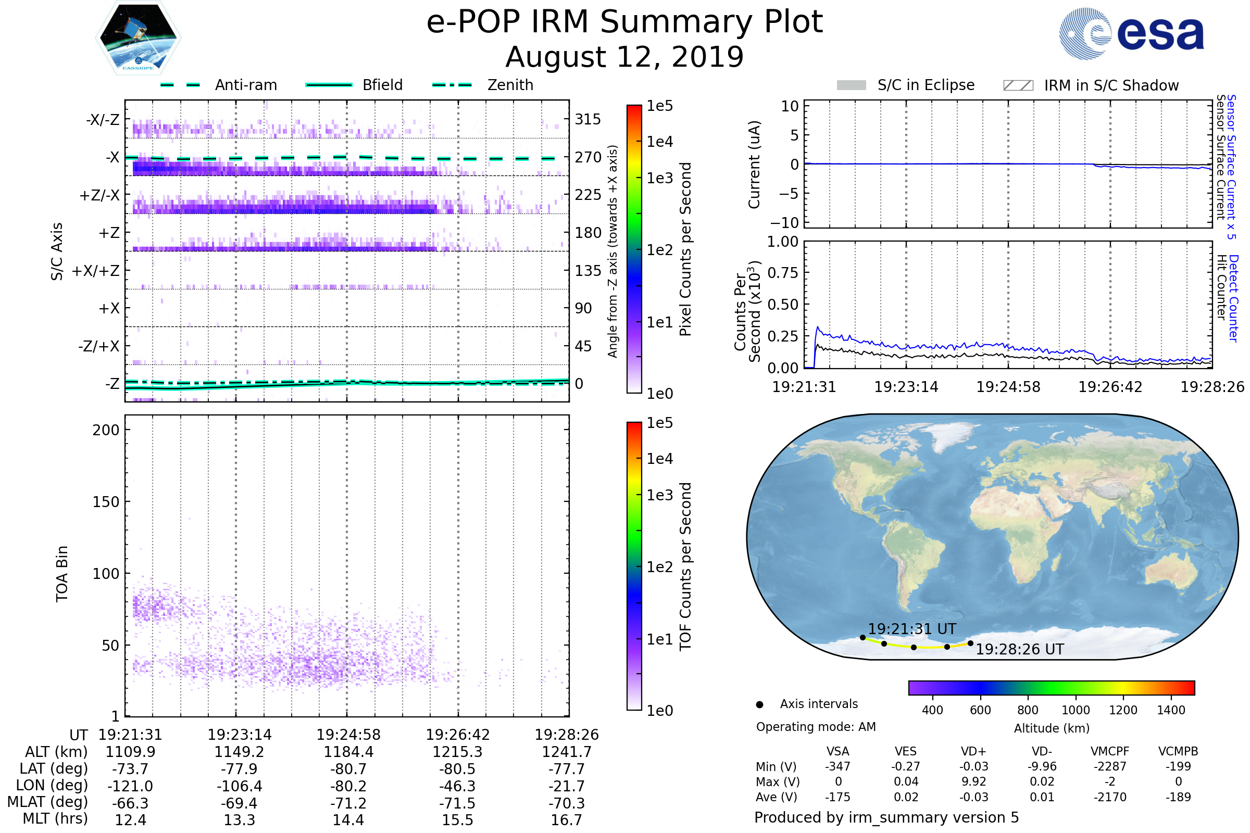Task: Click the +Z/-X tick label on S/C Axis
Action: tap(99, 196)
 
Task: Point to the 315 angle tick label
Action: tap(587, 119)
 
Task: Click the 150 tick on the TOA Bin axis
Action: tap(106, 502)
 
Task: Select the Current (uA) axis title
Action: tap(754, 165)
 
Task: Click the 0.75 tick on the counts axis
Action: tap(783, 272)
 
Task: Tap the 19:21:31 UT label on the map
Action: tap(911, 629)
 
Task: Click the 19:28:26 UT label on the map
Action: tap(1019, 649)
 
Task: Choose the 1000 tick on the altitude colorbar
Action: tap(1075, 710)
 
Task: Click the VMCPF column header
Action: tap(1110, 751)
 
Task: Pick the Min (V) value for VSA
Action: tap(838, 766)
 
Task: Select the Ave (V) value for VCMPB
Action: tap(1178, 797)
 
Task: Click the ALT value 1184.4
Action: tap(348, 752)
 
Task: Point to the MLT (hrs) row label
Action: tap(55, 818)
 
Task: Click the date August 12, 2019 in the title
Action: tap(624, 57)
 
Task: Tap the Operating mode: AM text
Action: tap(816, 727)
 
